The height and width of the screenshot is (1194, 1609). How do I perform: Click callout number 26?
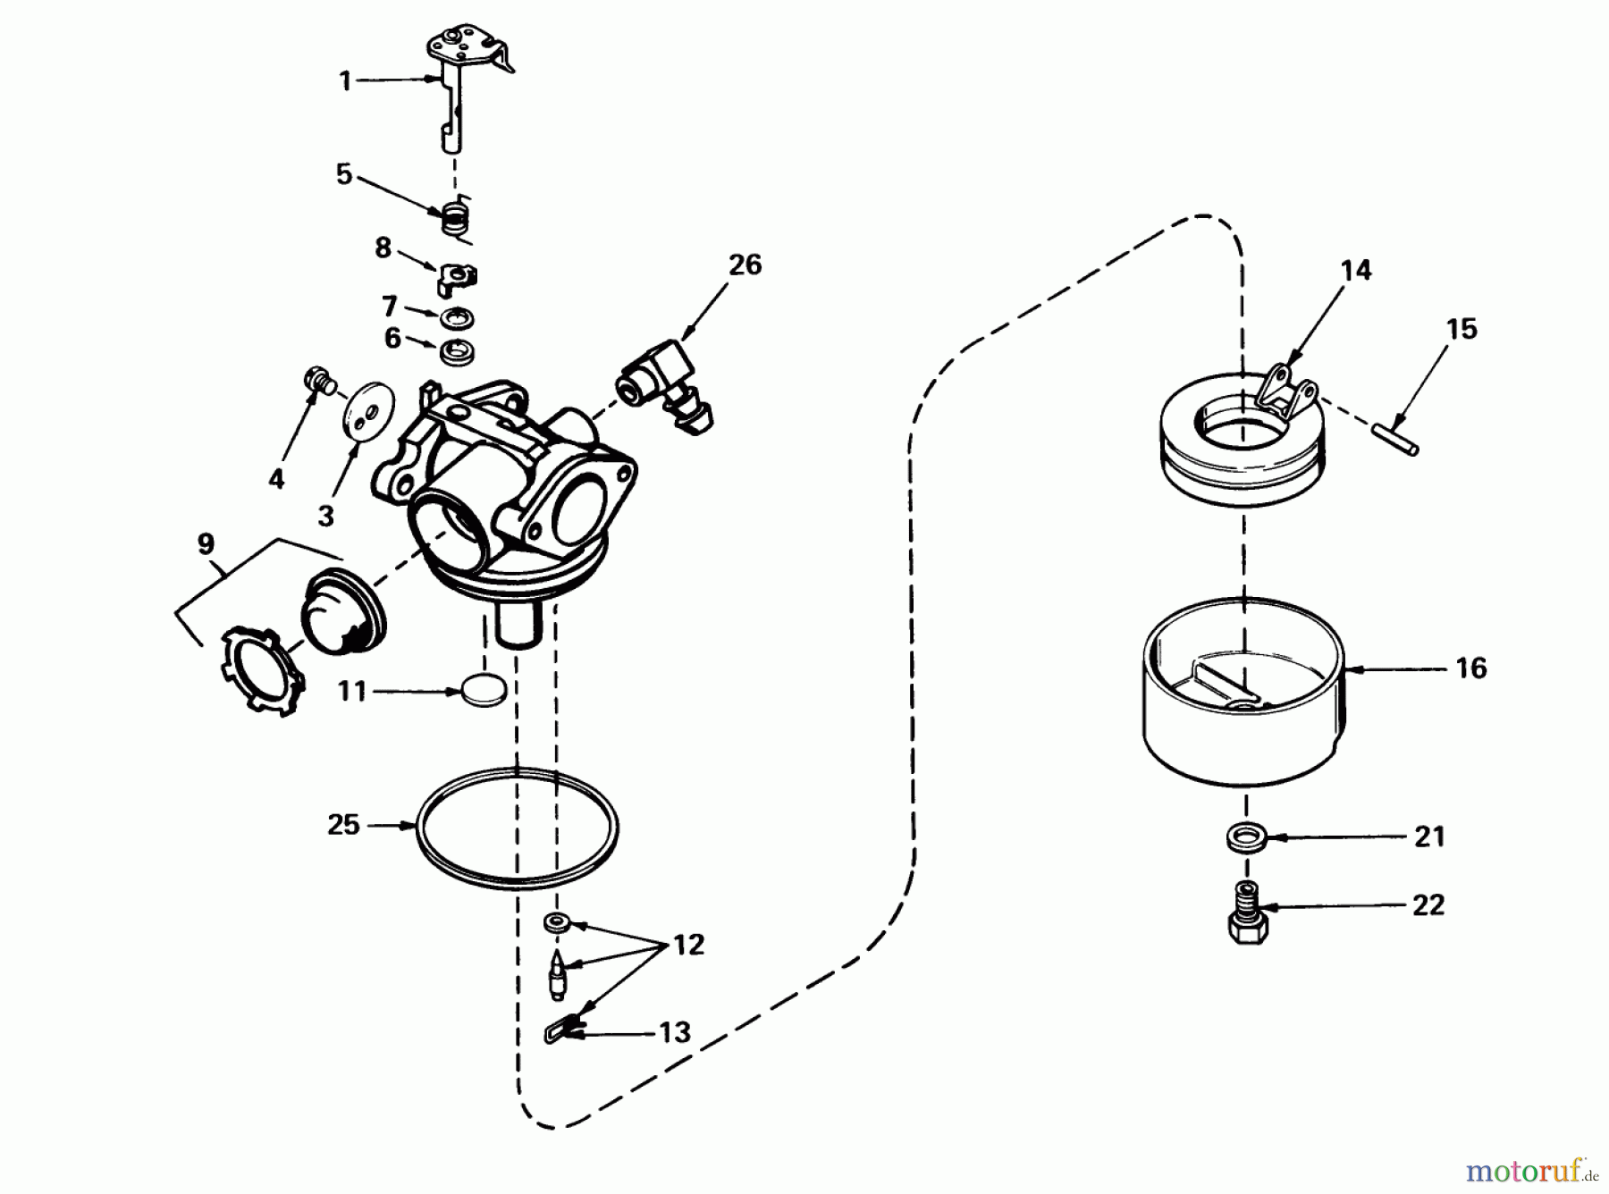pos(745,265)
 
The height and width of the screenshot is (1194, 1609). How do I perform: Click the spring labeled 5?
pos(457,218)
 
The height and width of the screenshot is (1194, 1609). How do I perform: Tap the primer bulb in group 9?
pos(342,610)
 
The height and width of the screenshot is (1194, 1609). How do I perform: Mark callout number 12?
pos(688,945)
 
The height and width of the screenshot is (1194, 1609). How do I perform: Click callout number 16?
pos(1470,668)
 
